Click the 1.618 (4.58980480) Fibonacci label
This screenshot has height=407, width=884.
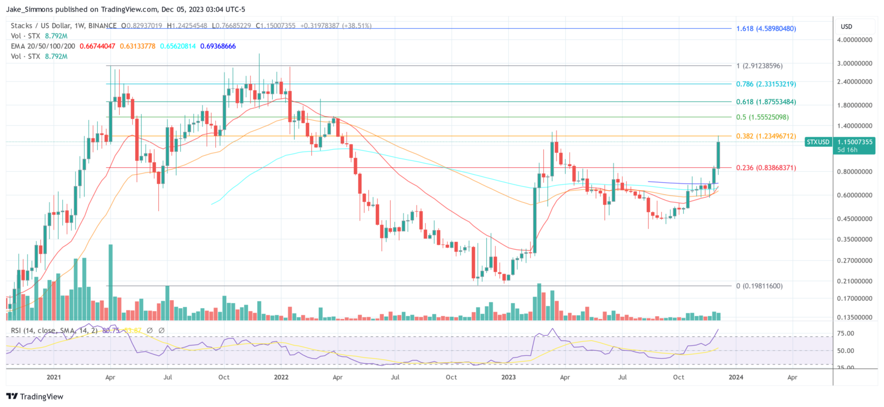[x=766, y=28]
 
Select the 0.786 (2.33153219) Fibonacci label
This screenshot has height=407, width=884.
[x=766, y=84]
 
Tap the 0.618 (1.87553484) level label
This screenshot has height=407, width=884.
[x=766, y=102]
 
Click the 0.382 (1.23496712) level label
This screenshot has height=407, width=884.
[x=766, y=136]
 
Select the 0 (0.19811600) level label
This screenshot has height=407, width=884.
[x=760, y=286]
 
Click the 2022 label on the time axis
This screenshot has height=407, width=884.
[x=281, y=377]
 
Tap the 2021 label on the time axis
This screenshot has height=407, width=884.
[x=54, y=377]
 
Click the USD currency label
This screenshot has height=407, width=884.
[x=847, y=26]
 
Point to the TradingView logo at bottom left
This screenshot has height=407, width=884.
[x=35, y=397]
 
